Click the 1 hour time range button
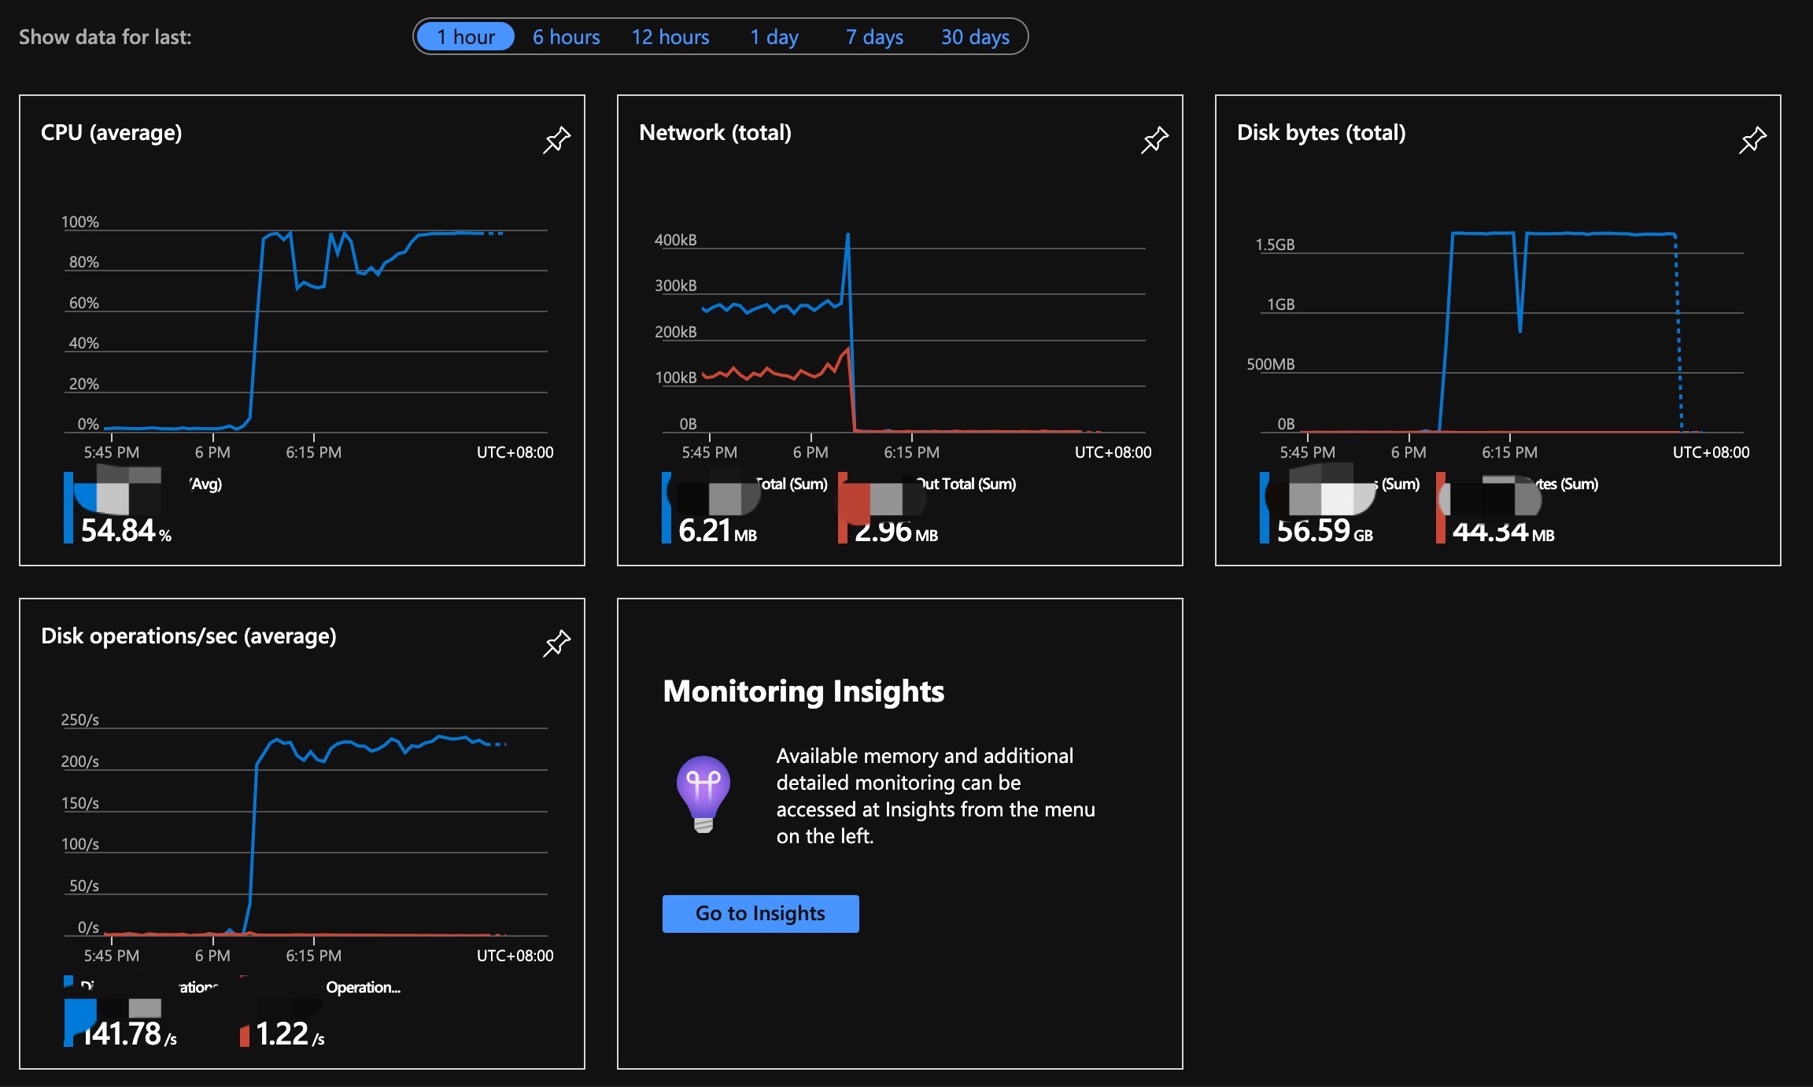[465, 37]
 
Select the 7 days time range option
[874, 37]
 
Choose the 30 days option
[975, 37]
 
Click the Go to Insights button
[760, 913]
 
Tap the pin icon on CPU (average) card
[556, 140]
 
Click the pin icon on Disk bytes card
[1752, 140]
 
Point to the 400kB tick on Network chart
[675, 240]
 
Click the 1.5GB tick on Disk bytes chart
[1275, 245]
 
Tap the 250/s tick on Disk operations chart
[79, 720]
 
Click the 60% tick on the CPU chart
[83, 303]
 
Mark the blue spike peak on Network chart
[847, 234]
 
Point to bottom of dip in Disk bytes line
[1519, 330]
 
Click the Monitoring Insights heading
[803, 691]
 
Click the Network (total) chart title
[714, 132]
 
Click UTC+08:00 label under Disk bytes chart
[1711, 452]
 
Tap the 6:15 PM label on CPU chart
[313, 452]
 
